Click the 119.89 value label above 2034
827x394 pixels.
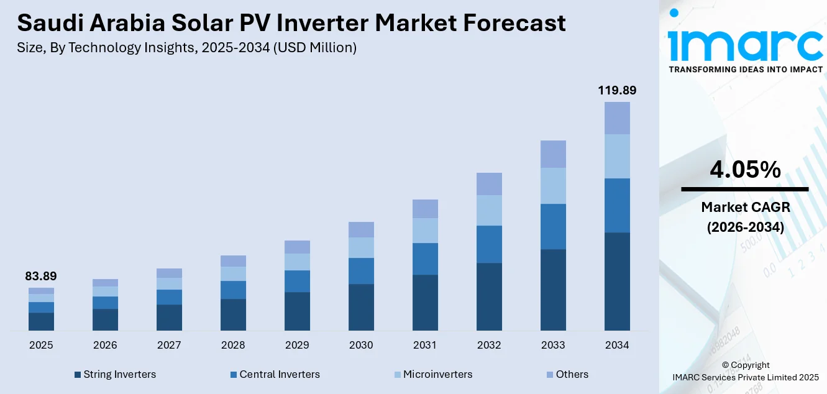(x=617, y=91)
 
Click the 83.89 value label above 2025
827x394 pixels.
(x=41, y=276)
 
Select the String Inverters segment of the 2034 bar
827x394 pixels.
(x=617, y=281)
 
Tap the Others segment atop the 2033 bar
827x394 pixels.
(x=553, y=154)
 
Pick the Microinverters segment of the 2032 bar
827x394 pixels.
(x=489, y=210)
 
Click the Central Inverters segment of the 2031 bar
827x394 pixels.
(x=425, y=259)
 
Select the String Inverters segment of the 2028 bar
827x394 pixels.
(x=233, y=314)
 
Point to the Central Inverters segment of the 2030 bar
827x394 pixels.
(x=361, y=271)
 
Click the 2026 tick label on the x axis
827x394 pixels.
(x=105, y=346)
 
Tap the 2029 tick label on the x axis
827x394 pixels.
(x=297, y=346)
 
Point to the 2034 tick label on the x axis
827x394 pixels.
(x=617, y=346)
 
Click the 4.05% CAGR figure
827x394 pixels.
(x=745, y=170)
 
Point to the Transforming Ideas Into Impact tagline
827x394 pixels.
(x=745, y=69)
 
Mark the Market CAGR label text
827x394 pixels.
(x=745, y=207)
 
